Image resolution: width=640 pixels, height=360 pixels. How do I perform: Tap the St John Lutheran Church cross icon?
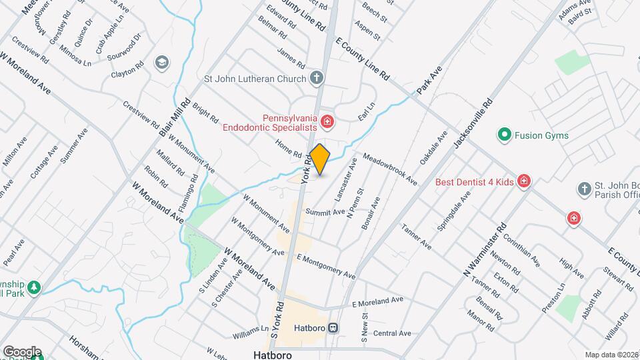[317, 79]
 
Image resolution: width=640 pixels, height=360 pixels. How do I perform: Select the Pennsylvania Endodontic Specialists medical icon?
[327, 121]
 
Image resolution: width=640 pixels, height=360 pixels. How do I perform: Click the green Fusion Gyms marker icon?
[505, 135]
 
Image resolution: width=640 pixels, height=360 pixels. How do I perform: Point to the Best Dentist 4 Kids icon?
[524, 181]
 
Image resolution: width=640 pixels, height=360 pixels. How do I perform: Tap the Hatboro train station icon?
[331, 328]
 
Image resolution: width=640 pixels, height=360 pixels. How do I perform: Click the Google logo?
[21, 352]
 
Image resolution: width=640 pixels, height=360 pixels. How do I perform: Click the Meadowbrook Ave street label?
[390, 170]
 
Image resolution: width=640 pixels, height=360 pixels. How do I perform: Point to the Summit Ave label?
[325, 211]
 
